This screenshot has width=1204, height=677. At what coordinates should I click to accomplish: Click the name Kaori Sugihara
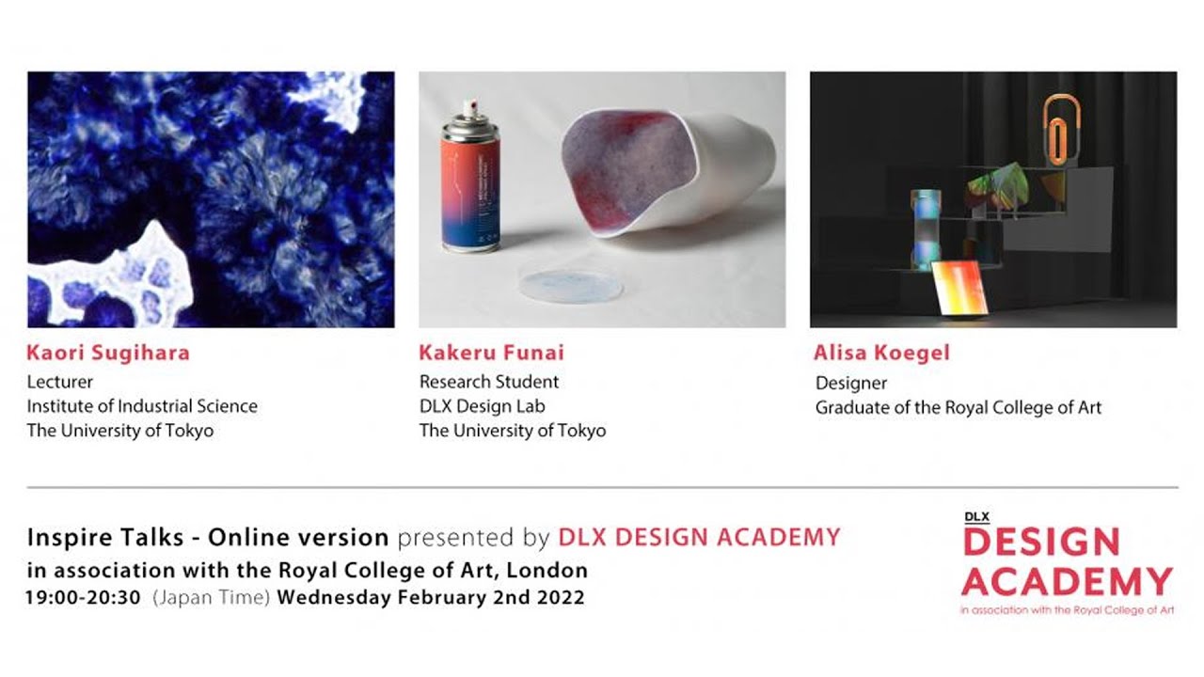coord(108,354)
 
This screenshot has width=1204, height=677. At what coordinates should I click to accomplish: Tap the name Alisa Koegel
coord(881,354)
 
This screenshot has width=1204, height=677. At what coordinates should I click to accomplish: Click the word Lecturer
coord(59,382)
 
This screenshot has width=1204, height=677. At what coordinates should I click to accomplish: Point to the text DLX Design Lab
coord(482,406)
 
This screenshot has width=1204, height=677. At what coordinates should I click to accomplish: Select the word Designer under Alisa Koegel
coord(851,383)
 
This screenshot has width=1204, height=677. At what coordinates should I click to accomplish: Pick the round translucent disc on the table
coord(571,283)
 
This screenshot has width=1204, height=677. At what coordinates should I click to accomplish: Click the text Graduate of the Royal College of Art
coord(958,407)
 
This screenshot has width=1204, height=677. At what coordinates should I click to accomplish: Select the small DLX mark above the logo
coord(976,516)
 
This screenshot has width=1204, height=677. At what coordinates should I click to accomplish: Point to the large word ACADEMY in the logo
coord(1067,581)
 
